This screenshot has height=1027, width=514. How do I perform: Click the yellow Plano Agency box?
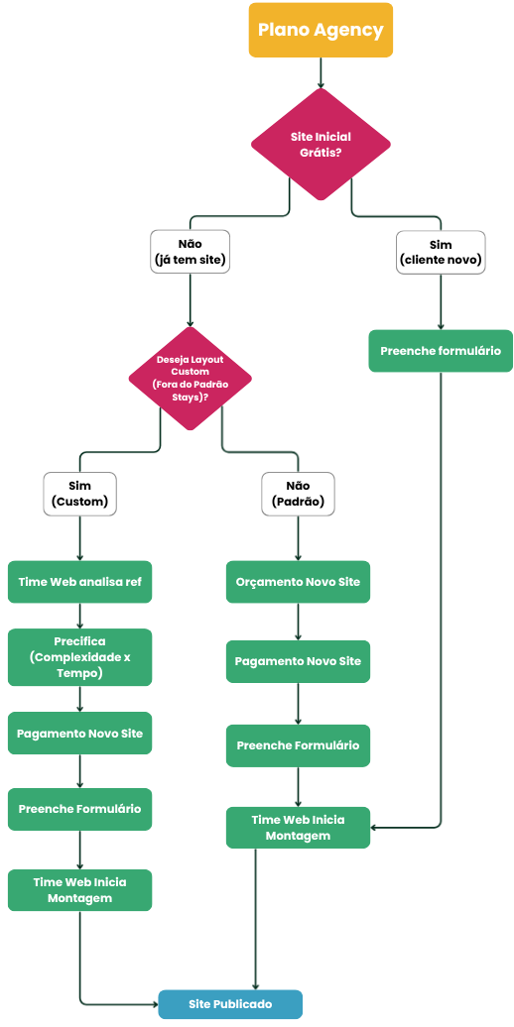321,30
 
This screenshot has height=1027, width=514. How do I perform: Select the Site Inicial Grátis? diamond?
321,144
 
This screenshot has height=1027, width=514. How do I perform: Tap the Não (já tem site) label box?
191,252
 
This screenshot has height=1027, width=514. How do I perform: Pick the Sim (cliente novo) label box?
441,252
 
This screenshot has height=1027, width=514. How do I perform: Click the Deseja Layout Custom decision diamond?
191,379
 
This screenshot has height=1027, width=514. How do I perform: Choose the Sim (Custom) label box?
79,494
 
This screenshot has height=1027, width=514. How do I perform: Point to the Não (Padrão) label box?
299,494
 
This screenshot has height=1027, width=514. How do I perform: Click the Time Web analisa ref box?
80,582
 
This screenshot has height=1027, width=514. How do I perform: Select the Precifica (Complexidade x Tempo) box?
80,657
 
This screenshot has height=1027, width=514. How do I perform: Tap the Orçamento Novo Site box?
299,582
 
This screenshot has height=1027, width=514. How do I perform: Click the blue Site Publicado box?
230,1004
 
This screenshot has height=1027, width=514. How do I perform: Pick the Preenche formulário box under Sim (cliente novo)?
441,350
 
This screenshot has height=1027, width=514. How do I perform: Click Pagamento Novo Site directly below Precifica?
80,733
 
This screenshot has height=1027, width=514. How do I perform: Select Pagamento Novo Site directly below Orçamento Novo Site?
299,661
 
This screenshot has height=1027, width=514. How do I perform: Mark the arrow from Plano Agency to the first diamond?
321,72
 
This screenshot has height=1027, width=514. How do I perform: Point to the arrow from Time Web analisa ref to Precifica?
80,616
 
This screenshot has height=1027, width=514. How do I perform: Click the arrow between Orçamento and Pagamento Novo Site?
299,622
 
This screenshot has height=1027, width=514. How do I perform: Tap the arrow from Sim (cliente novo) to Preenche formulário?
441,301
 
